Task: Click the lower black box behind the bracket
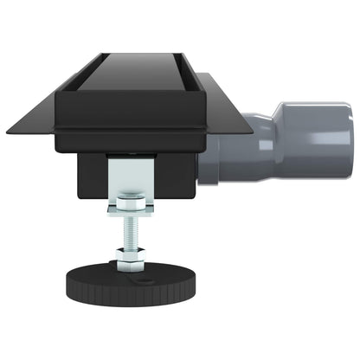(x=182, y=173)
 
